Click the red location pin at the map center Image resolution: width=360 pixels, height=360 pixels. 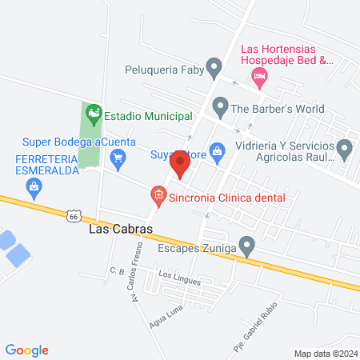[180, 166]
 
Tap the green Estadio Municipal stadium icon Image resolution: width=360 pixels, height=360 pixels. [94, 114]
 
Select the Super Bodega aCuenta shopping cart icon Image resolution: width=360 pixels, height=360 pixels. [118, 156]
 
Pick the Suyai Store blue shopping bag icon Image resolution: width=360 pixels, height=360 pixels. [217, 151]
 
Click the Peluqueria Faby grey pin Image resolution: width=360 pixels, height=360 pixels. [214, 66]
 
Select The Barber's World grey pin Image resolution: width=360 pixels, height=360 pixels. [218, 105]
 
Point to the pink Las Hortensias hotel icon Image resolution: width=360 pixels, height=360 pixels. [258, 77]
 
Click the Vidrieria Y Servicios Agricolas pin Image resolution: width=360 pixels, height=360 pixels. [345, 148]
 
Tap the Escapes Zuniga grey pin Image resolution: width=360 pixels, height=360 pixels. [248, 245]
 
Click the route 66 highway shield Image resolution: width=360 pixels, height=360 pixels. [74, 216]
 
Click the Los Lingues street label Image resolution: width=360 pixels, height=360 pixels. [177, 276]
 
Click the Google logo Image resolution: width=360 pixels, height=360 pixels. [27, 350]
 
